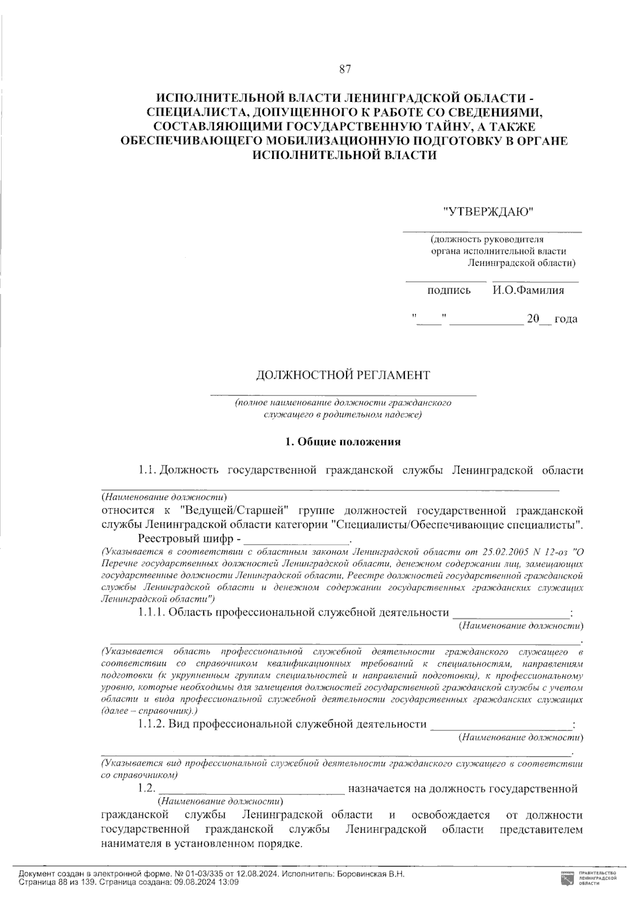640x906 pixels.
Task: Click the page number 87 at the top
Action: coord(344,69)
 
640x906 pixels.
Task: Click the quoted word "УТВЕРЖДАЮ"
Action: coord(489,212)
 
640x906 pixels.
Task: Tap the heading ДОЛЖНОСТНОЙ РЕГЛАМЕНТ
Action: coord(343,375)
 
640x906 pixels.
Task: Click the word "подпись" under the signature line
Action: coord(449,290)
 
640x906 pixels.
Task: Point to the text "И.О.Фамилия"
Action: coord(528,290)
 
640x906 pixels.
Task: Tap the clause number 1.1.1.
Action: coord(151,613)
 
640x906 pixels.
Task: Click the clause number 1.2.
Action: coord(146,788)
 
